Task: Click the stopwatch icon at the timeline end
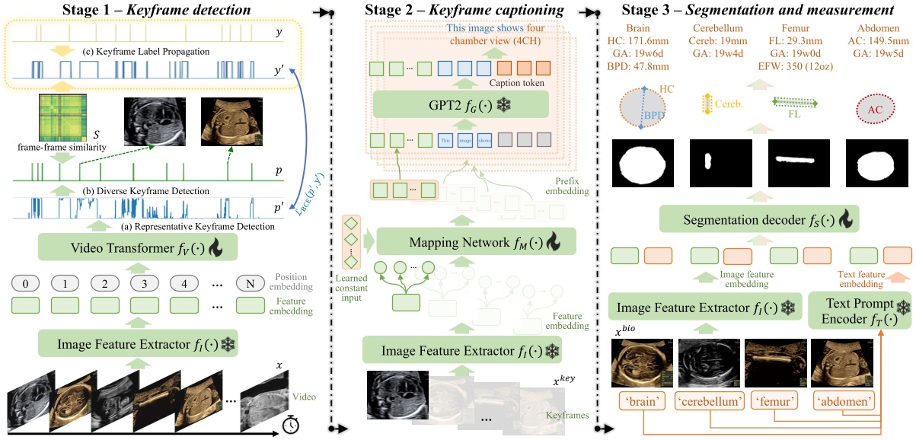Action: click(x=290, y=425)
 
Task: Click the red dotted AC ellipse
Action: click(x=875, y=110)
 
